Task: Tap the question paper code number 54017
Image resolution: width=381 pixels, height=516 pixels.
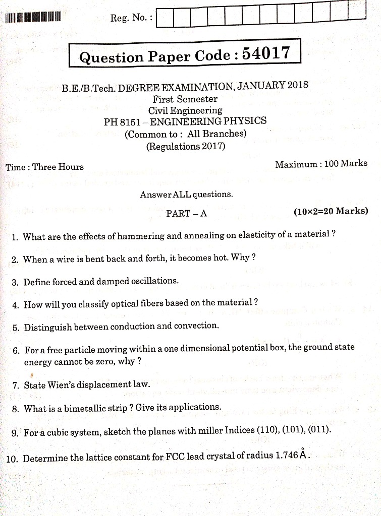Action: pos(266,53)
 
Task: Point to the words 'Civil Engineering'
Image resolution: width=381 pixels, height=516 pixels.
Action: pos(185,110)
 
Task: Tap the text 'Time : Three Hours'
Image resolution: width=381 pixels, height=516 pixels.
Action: pos(45,167)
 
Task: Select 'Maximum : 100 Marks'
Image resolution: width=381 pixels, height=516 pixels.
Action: pos(321,164)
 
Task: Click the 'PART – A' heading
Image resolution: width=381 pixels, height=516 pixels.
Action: pos(186,213)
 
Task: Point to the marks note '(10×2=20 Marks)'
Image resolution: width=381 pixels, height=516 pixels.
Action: pos(331,211)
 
